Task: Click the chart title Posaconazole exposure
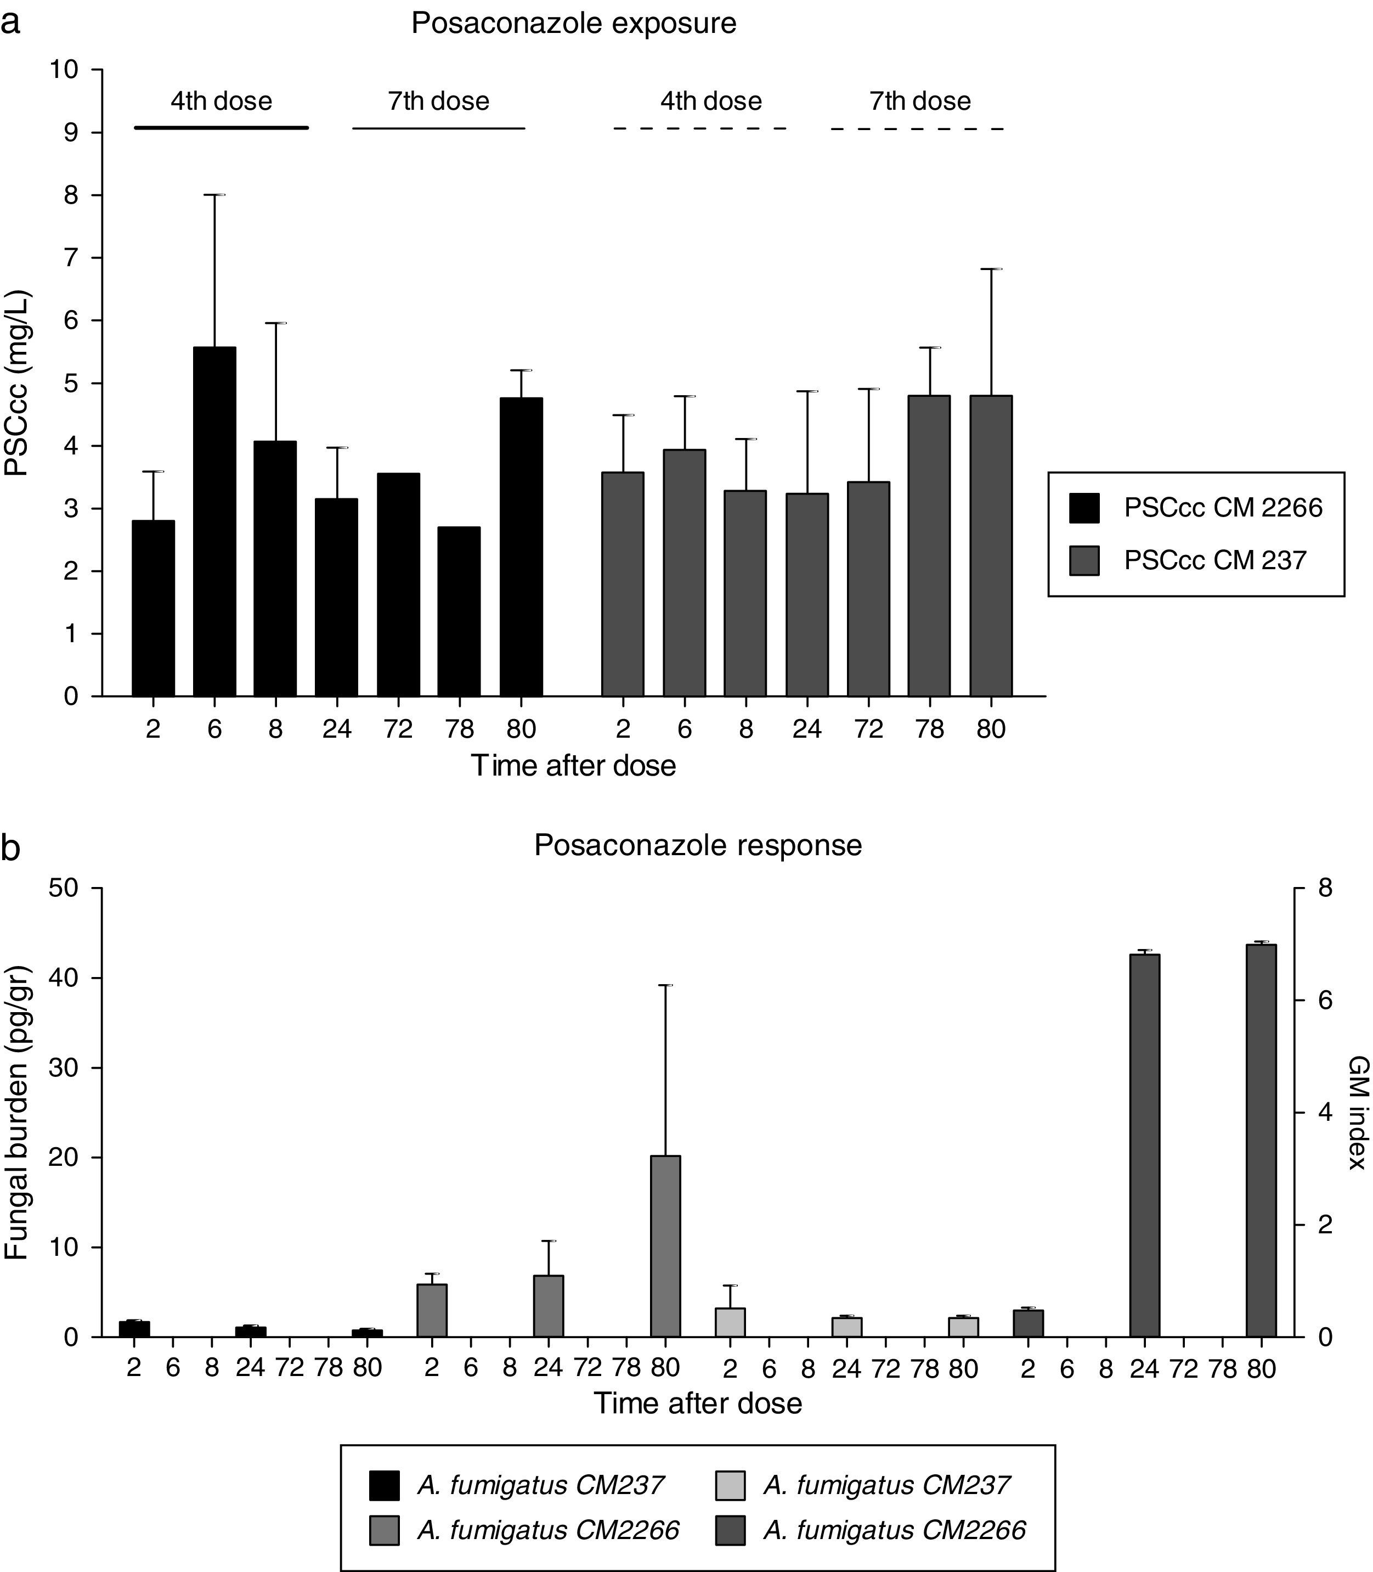pyautogui.click(x=573, y=24)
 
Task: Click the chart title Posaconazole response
pyautogui.click(x=697, y=845)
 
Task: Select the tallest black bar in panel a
pyautogui.click(x=214, y=521)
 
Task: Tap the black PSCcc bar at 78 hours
pyautogui.click(x=459, y=611)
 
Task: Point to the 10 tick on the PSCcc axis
pyautogui.click(x=64, y=70)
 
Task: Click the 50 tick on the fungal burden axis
pyautogui.click(x=64, y=888)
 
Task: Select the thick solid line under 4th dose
pyautogui.click(x=222, y=128)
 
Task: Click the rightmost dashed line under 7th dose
pyautogui.click(x=918, y=129)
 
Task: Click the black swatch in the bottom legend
pyautogui.click(x=384, y=1485)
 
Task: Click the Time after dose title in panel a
pyautogui.click(x=573, y=766)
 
